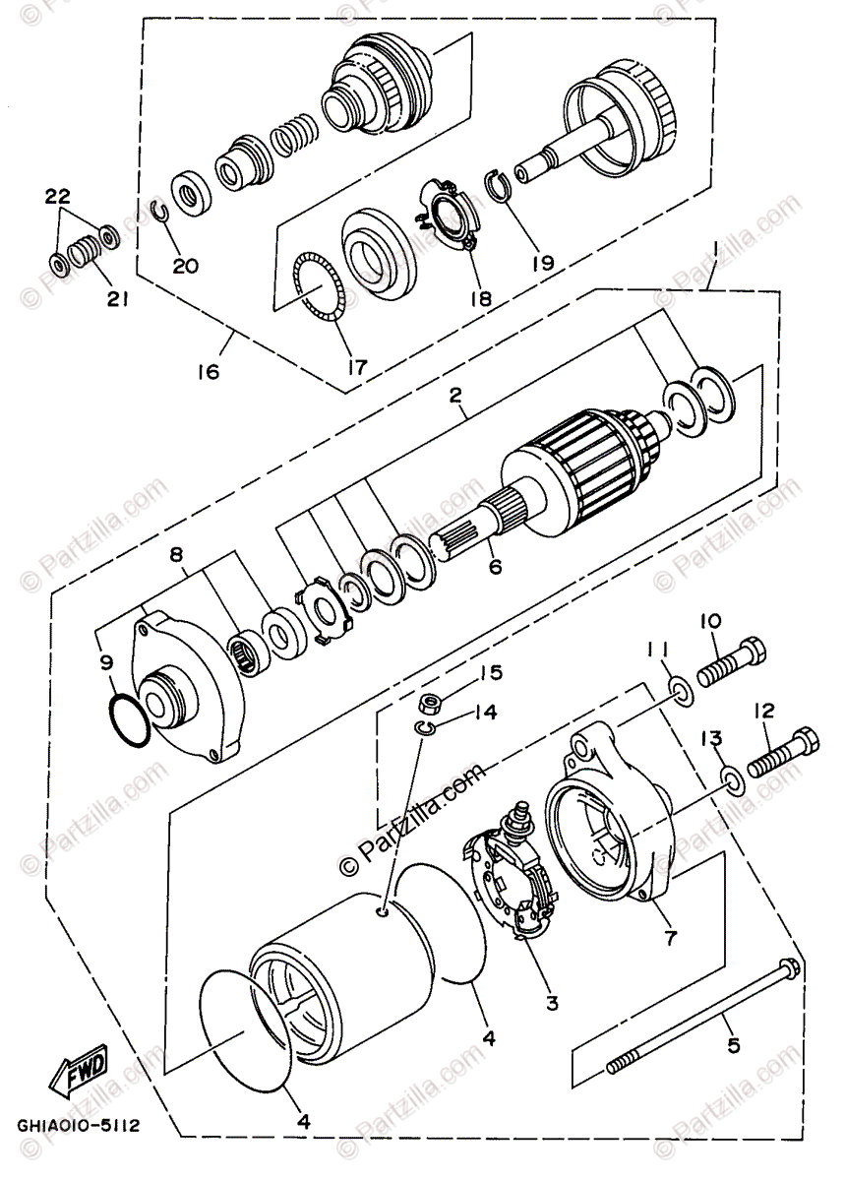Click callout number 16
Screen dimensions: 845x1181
209,372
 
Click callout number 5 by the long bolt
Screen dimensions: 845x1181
733,1027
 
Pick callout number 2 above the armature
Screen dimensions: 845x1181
455,395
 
